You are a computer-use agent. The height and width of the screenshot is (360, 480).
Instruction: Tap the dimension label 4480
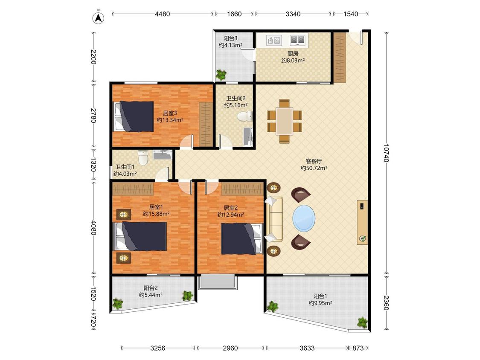coord(163,14)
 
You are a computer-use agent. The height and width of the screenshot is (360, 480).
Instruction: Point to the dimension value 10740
coord(386,153)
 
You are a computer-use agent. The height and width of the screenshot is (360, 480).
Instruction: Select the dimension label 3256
coord(158,348)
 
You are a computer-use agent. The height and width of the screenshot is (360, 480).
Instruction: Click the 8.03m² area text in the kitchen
coord(293,61)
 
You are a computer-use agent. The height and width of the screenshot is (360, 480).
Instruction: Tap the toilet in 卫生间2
coord(244,116)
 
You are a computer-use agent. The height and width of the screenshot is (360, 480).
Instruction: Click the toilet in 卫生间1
coord(143,158)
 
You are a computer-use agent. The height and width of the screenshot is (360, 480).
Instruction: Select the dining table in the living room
coord(285,121)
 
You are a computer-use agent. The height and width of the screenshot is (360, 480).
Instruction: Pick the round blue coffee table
coord(304,218)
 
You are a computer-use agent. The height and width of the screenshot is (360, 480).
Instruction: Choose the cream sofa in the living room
coord(274,219)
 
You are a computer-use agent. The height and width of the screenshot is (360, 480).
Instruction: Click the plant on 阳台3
coord(221,74)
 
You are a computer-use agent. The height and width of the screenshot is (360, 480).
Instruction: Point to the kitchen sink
coord(274,40)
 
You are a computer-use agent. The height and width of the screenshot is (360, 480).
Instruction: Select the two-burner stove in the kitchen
coord(297,40)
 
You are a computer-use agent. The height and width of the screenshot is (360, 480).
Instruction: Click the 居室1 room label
coord(156,207)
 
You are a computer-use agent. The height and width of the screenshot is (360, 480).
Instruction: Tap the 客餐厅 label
coord(314,161)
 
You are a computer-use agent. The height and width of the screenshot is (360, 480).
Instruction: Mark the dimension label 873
coord(358,348)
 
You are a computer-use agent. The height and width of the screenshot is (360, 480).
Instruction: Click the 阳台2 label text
coord(151,288)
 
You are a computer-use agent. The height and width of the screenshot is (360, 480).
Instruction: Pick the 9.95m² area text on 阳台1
coord(320,303)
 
